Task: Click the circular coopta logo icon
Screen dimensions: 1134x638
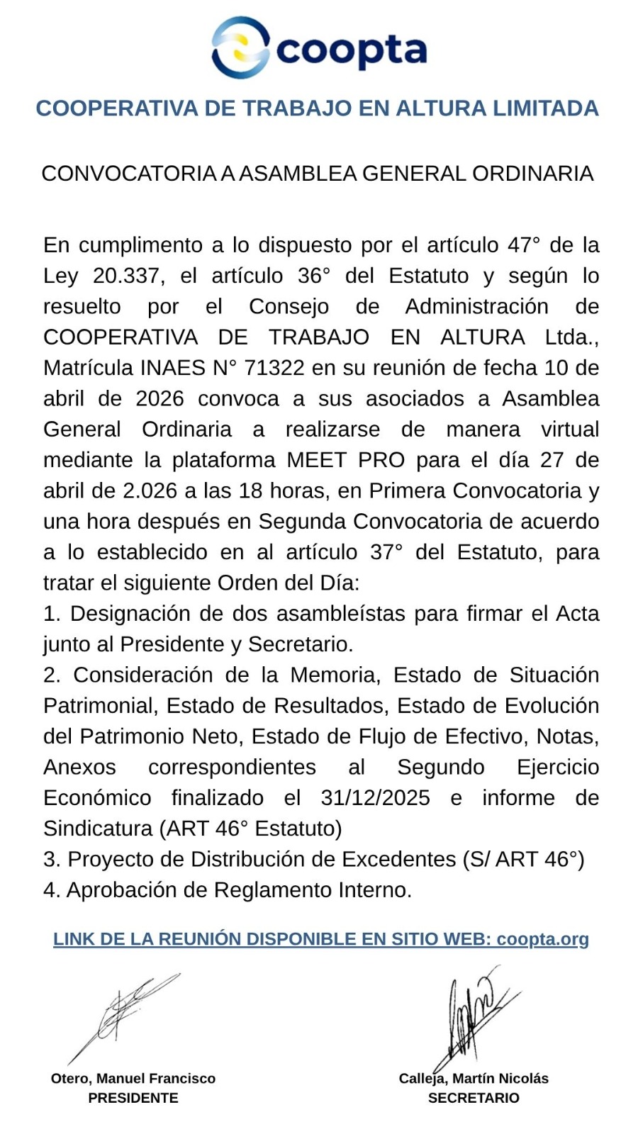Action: coord(240,48)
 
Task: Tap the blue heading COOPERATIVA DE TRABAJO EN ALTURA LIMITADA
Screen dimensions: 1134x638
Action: coord(318,108)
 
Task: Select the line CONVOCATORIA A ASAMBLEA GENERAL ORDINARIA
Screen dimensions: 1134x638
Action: coord(318,174)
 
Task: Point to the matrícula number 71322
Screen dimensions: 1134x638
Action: coord(274,368)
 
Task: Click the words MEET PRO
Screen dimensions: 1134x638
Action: coord(346,460)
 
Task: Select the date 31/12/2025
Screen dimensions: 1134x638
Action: coord(375,797)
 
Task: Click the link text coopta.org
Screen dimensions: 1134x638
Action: coord(542,939)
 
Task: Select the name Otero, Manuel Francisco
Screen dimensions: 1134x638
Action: coord(133,1079)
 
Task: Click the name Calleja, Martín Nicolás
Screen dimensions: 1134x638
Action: coord(474,1079)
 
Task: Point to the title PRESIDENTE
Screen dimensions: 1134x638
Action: coord(133,1098)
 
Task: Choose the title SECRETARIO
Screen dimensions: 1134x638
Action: coord(474,1098)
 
